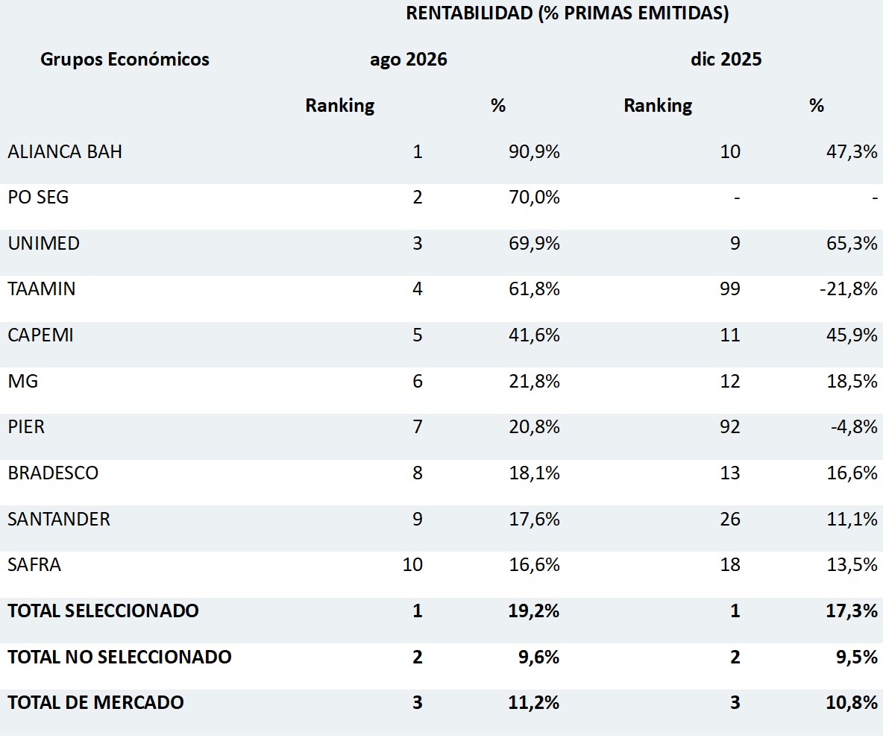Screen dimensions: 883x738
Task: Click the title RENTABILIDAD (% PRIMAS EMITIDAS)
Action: pos(567,13)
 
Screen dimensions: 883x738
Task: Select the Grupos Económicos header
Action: pos(125,59)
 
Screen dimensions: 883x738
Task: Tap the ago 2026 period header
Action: pos(408,60)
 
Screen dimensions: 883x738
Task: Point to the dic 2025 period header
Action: pos(726,59)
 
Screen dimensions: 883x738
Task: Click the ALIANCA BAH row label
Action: pos(65,151)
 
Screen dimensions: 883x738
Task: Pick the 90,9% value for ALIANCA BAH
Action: pos(534,151)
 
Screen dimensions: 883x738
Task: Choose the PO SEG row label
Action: pos(38,197)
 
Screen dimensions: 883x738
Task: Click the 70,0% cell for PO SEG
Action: pos(534,197)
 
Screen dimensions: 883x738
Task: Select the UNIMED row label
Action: pos(44,243)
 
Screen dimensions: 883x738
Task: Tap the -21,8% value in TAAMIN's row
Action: pos(848,288)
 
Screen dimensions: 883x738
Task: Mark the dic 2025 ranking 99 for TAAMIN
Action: pos(730,288)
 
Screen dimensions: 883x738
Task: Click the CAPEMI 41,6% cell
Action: pos(534,335)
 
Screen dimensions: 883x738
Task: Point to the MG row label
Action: pos(23,381)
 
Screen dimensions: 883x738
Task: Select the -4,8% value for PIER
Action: pos(854,426)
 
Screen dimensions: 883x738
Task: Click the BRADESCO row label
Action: pos(53,473)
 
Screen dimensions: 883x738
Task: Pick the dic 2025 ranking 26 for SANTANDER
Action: pos(730,518)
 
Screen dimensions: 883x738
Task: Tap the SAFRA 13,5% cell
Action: pos(852,564)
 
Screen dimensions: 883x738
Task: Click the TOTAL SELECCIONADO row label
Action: pos(103,611)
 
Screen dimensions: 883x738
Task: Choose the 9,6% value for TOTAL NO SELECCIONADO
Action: pos(539,657)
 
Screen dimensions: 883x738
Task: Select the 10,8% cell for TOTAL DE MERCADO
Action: pos(852,702)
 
